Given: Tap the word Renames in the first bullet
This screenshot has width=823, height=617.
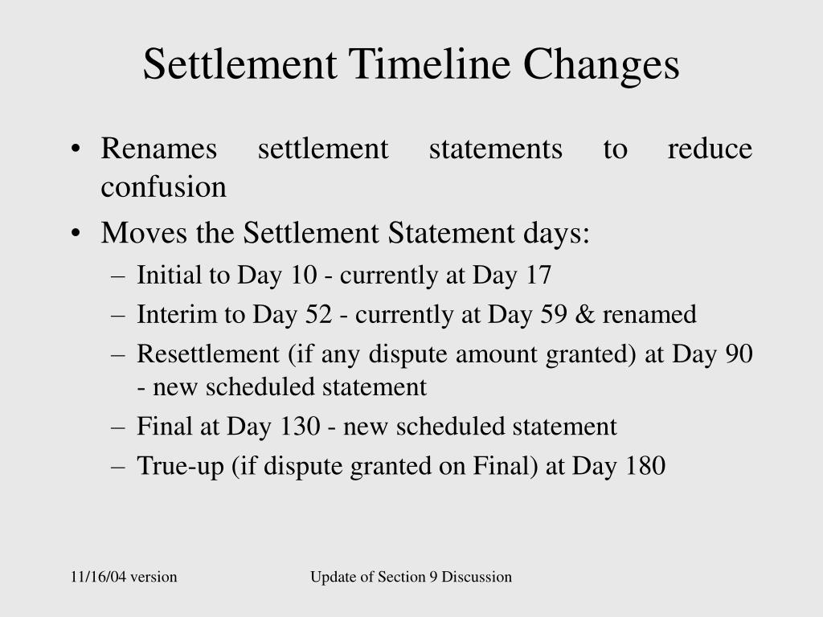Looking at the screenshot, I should [159, 149].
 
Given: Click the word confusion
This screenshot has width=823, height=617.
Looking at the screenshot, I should [163, 187].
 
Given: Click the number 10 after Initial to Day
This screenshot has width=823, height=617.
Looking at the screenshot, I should [304, 276].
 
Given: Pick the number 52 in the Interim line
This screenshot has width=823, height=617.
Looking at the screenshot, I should [318, 314].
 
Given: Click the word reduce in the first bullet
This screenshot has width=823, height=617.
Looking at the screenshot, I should [710, 149].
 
